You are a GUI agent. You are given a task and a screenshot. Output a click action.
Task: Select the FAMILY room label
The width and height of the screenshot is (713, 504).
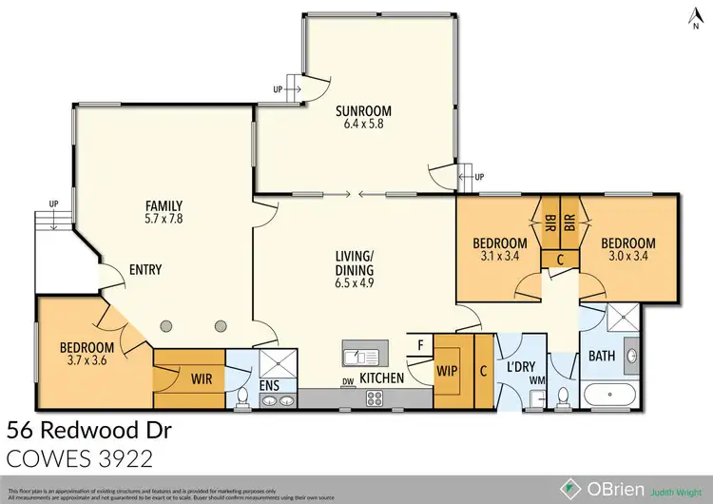pyautogui.click(x=163, y=205)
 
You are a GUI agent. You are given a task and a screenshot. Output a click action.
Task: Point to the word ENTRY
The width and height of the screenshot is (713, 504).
pyautogui.click(x=145, y=270)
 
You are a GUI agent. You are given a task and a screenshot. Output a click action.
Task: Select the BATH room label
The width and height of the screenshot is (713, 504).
pyautogui.click(x=601, y=357)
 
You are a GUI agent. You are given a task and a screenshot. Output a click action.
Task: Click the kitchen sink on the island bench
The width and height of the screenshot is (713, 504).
pyautogui.click(x=361, y=357)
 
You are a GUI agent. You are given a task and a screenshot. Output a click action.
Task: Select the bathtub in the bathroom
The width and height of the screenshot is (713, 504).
pyautogui.click(x=607, y=397)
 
